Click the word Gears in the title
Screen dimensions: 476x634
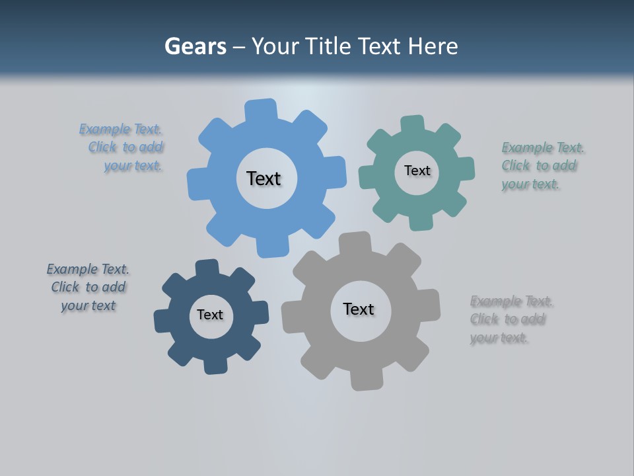(x=195, y=46)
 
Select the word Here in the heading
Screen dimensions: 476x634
(x=433, y=46)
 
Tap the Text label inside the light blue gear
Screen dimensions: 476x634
(x=264, y=178)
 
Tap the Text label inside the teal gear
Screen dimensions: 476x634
(x=417, y=171)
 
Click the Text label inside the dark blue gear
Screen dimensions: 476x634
(x=210, y=315)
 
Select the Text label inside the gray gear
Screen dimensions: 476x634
(x=359, y=309)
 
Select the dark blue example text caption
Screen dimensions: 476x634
(x=88, y=287)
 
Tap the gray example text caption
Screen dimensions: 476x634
(x=510, y=319)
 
